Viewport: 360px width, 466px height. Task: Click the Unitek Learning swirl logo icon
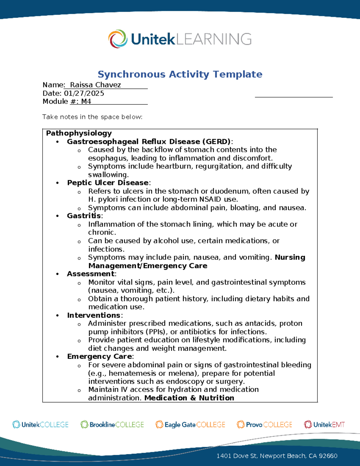(x=118, y=39)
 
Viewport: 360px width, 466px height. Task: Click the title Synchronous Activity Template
(x=180, y=74)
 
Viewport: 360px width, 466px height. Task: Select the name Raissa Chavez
(x=95, y=85)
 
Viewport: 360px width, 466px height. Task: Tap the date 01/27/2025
(x=84, y=93)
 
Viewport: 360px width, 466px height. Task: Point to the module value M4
(x=86, y=101)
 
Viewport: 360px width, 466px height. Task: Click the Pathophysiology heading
(x=79, y=133)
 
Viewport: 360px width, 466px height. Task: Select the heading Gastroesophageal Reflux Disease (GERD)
(x=149, y=141)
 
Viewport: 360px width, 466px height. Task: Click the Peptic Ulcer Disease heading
(x=108, y=183)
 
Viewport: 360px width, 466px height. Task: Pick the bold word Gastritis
(x=84, y=216)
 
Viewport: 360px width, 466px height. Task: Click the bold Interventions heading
(x=94, y=315)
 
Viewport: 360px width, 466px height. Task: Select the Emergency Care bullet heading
(x=100, y=356)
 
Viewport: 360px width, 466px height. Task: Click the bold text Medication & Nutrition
(x=189, y=398)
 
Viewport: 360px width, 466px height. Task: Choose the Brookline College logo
(x=112, y=425)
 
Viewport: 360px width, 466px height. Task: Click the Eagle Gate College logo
(x=190, y=425)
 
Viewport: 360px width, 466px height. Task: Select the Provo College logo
(x=264, y=425)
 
